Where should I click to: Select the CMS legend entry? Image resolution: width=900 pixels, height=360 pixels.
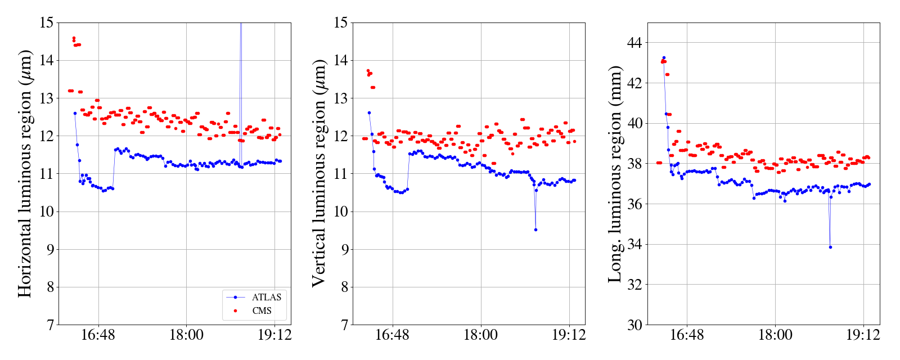click(262, 310)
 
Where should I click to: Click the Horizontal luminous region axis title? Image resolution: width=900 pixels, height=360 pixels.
click(25, 173)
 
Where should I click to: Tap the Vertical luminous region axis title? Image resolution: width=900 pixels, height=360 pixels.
click(319, 173)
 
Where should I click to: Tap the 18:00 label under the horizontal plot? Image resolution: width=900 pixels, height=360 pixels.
click(186, 335)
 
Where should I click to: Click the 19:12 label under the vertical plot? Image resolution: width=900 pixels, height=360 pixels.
click(569, 335)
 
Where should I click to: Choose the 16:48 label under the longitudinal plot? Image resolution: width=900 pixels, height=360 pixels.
click(687, 335)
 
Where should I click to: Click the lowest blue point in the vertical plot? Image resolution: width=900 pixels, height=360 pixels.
click(535, 229)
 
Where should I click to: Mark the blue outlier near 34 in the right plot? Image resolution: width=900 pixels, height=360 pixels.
click(830, 247)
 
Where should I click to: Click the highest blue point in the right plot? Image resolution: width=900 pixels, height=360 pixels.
click(664, 57)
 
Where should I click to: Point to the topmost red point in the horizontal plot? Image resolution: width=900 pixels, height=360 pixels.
click(74, 38)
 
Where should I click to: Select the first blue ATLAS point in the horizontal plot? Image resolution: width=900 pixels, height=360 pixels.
click(75, 113)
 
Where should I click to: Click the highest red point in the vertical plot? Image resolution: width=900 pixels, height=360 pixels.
click(368, 71)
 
